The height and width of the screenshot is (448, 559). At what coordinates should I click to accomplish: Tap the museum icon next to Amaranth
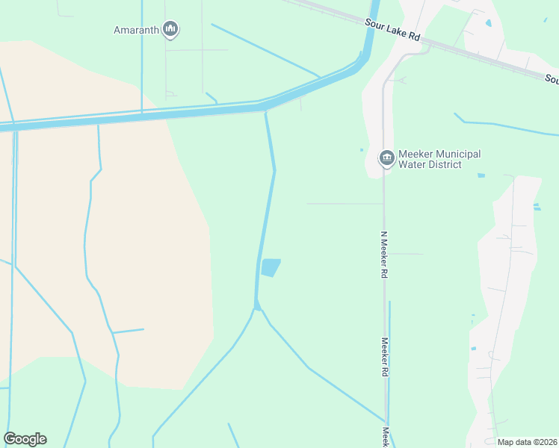tap(170, 30)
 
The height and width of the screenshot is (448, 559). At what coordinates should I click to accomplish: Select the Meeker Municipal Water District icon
tap(386, 158)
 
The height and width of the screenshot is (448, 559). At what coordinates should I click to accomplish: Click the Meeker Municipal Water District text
tap(439, 159)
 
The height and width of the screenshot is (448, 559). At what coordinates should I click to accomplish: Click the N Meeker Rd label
tap(384, 254)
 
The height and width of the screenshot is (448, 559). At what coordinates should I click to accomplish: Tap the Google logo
tap(25, 439)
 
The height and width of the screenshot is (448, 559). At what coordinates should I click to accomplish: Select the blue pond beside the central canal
tap(271, 267)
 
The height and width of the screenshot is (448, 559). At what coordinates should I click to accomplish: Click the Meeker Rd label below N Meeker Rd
tap(385, 357)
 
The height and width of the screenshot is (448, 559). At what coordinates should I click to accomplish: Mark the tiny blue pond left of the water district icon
tap(362, 149)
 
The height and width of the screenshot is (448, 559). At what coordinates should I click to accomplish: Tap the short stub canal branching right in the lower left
tap(129, 330)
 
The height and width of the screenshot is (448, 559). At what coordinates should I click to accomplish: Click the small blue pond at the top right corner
tap(489, 23)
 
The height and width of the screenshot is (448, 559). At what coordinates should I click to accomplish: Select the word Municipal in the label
tap(454, 154)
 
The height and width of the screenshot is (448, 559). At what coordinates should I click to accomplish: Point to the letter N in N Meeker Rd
tap(383, 234)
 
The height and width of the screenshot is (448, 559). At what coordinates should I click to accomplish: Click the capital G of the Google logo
tap(10, 439)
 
